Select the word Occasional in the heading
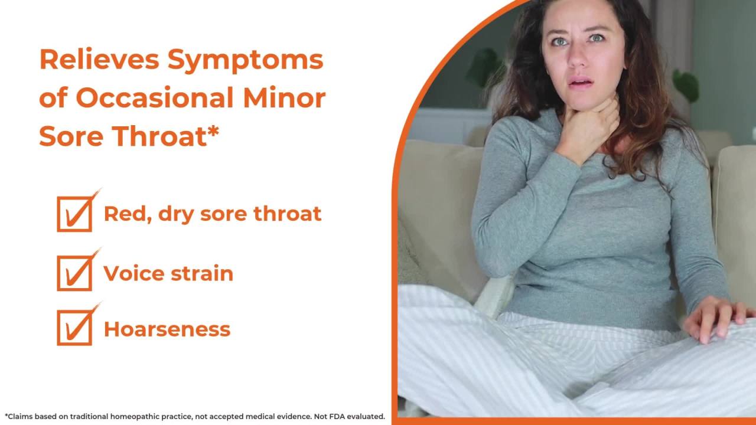coord(155,98)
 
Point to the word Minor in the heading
coord(284,98)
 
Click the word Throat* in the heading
coord(166,136)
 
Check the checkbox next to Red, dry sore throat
coord(74,214)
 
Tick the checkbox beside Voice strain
coord(74,273)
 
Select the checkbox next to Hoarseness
coord(74,328)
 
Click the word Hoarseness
coord(167,329)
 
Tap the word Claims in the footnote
coord(20,416)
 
